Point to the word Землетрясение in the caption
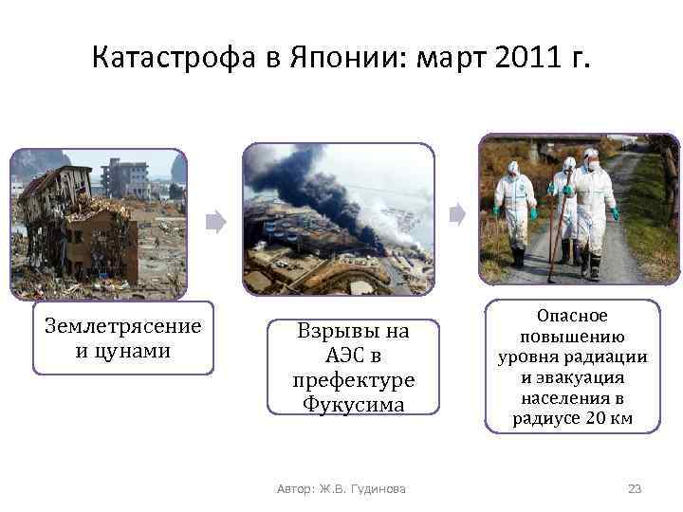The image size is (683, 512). pos(123,327)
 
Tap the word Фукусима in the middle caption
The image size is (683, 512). pos(353,404)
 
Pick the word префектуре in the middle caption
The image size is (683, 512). pos(354,380)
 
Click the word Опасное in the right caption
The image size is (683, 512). pos(572,316)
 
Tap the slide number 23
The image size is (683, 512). pos(635,488)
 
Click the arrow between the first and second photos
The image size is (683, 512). pos(216,223)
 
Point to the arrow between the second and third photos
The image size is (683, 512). pos(458,214)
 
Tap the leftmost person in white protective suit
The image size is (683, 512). pos(512,209)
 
